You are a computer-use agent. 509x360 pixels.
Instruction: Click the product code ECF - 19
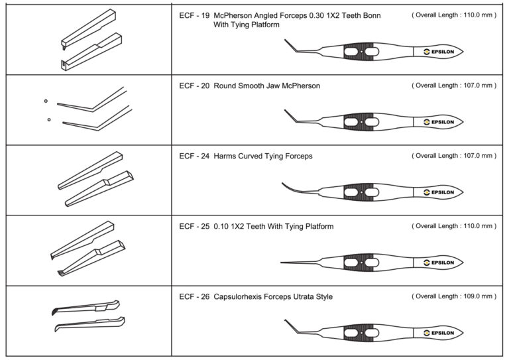tap(194, 15)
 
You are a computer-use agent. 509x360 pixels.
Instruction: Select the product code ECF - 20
tap(194, 86)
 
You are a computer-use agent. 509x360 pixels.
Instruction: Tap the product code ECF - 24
tap(194, 156)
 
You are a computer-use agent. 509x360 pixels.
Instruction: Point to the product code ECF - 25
tap(194, 226)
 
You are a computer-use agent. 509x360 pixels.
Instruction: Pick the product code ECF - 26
tap(194, 296)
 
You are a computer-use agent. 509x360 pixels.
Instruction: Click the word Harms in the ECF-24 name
tap(226, 156)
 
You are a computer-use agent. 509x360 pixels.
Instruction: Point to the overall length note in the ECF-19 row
tap(453, 14)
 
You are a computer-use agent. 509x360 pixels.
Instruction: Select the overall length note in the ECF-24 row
tap(453, 155)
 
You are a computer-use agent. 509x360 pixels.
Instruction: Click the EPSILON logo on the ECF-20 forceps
tap(439, 122)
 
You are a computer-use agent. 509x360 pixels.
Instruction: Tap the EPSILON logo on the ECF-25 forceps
tap(439, 263)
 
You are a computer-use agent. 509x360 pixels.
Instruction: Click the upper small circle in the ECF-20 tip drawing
tap(46, 101)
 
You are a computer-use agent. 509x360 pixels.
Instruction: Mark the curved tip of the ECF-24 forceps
tap(286, 185)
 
